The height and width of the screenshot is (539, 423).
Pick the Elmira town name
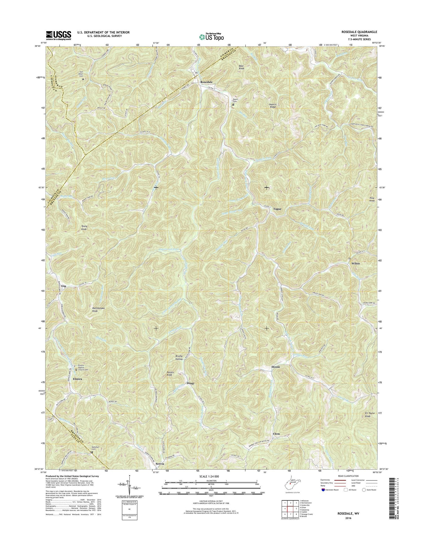point(77,379)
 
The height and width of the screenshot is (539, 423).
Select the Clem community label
point(276,434)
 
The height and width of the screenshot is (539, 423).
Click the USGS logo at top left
point(59,35)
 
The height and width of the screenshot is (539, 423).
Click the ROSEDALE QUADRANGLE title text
point(359,32)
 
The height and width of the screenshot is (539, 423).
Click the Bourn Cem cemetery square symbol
point(233,105)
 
